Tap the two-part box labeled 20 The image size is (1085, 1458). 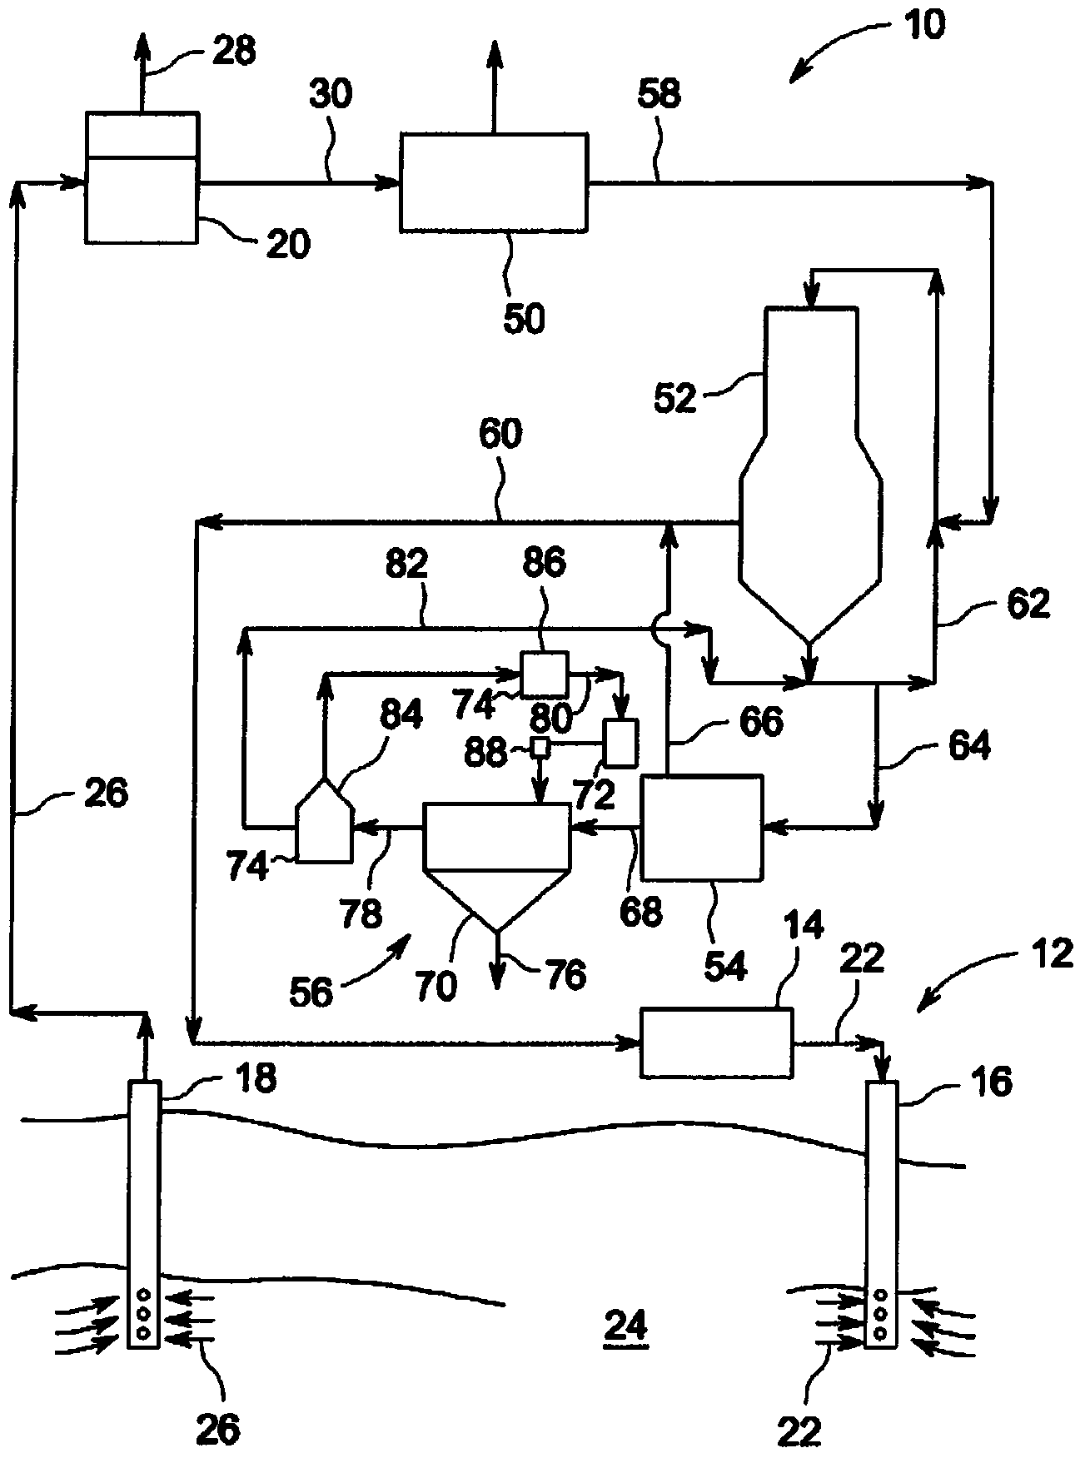[142, 177]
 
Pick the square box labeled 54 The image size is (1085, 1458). [702, 827]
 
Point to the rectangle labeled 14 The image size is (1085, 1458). [715, 1042]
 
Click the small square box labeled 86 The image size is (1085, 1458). [544, 673]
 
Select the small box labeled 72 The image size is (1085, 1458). [620, 742]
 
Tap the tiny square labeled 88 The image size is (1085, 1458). [540, 747]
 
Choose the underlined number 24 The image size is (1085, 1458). [625, 1326]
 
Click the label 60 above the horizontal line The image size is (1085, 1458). [500, 435]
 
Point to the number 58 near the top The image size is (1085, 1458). [659, 95]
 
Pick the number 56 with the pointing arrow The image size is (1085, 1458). [311, 992]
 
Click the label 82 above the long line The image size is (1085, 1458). [406, 565]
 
